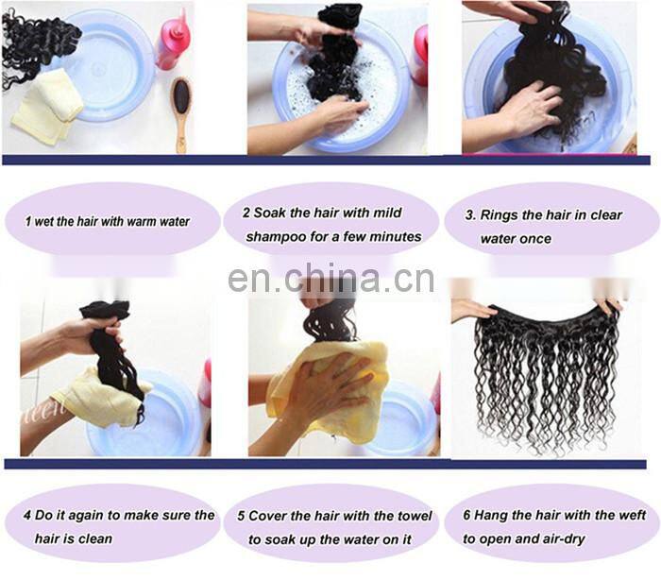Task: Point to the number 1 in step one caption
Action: pos(28,222)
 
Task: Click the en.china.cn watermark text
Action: pos(330,280)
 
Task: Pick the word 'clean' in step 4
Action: pos(94,538)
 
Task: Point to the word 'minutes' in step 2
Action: pos(397,236)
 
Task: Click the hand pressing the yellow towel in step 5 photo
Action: pos(326,378)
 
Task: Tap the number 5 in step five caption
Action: pos(242,516)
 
